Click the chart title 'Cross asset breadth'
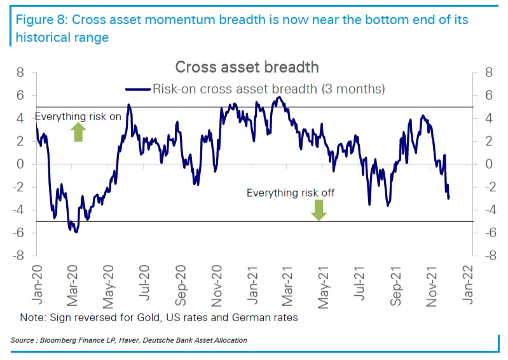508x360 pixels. click(247, 67)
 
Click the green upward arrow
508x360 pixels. click(78, 132)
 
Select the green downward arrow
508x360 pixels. click(319, 209)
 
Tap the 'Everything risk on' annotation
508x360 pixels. click(78, 117)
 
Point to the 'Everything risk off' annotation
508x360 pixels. click(290, 193)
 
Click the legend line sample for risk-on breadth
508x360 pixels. click(138, 89)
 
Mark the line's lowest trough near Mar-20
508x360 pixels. click(76, 232)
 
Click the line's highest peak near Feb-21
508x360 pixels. click(280, 97)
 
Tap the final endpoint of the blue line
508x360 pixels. click(449, 198)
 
